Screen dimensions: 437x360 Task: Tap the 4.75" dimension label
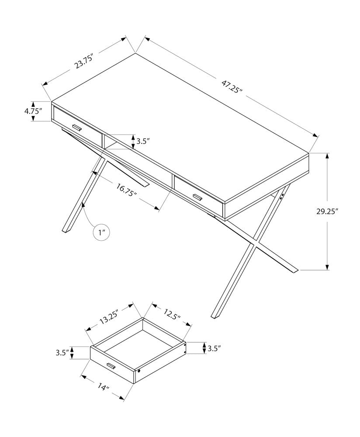(33, 111)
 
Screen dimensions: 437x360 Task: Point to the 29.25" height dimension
(328, 211)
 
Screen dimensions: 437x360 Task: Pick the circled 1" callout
(102, 232)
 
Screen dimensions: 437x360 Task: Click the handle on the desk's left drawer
(77, 128)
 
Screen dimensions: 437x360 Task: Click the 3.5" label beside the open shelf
(143, 141)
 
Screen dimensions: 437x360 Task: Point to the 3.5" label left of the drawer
(62, 352)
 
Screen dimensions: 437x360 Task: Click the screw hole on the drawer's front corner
(139, 371)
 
